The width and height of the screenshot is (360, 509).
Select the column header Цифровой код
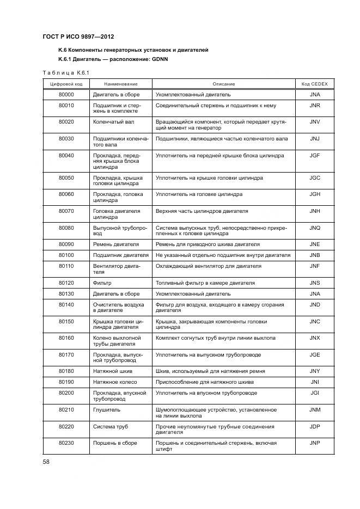pyautogui.click(x=66, y=84)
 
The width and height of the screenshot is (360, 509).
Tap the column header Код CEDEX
pyautogui.click(x=314, y=84)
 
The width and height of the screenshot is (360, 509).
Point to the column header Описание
pyautogui.click(x=224, y=84)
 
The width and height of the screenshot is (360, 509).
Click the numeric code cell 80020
pyautogui.click(x=66, y=122)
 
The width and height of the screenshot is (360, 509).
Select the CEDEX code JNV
pyautogui.click(x=314, y=122)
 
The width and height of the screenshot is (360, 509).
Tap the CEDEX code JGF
pyautogui.click(x=314, y=155)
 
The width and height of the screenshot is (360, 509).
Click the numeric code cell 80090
pyautogui.click(x=66, y=244)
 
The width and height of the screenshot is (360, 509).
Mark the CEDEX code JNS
pyautogui.click(x=314, y=283)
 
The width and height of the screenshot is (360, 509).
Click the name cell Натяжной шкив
pyautogui.click(x=112, y=371)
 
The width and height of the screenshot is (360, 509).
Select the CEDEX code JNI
pyautogui.click(x=314, y=382)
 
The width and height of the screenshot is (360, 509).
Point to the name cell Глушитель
pyautogui.click(x=107, y=409)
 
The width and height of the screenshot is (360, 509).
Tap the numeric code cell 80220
pyautogui.click(x=66, y=426)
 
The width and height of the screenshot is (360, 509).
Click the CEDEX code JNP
pyautogui.click(x=314, y=443)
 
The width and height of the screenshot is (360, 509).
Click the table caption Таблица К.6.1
pyautogui.click(x=65, y=72)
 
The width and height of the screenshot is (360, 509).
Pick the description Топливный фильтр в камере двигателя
pyautogui.click(x=205, y=283)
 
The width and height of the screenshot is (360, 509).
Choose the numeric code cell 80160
pyautogui.click(x=66, y=338)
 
